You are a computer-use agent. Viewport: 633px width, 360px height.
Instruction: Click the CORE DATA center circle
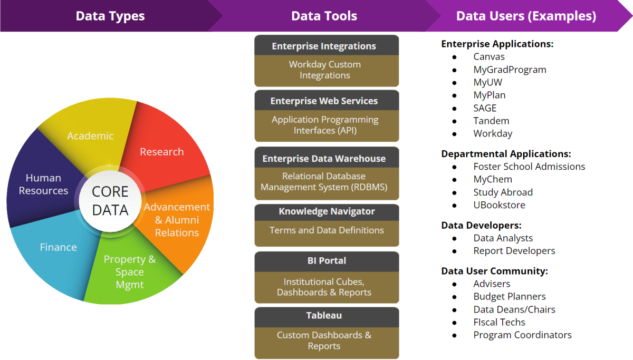coord(110,201)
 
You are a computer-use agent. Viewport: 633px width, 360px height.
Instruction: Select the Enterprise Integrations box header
coord(324,46)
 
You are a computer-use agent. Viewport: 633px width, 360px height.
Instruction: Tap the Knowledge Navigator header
coord(327,211)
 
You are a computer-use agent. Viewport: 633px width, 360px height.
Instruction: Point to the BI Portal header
coord(327,260)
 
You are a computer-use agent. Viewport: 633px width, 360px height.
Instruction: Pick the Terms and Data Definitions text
coord(327,230)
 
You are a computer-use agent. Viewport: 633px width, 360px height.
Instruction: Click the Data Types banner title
coord(110,16)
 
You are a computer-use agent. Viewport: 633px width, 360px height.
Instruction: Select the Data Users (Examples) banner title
coord(526,16)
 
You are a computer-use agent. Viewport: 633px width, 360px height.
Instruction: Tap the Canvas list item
coord(489,56)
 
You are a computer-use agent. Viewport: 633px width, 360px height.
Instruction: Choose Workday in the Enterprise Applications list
coord(493,133)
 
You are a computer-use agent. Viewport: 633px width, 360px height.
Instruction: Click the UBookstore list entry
coord(499,205)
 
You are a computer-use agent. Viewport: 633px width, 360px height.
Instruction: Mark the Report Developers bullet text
coord(514,251)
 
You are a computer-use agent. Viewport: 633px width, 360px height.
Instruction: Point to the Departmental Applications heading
coord(506,154)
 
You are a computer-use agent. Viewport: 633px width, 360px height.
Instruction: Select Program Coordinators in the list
coord(522,335)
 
